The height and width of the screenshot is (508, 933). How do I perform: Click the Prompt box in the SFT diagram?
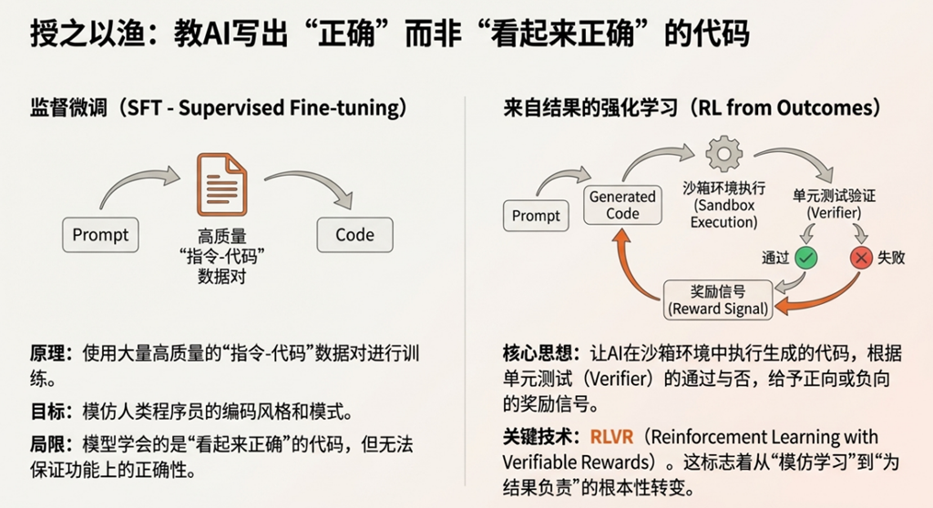(x=100, y=235)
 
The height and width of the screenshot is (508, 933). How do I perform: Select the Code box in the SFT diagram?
(x=354, y=235)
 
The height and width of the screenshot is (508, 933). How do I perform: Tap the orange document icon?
(x=221, y=184)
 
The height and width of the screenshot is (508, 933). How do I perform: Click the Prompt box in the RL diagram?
(x=536, y=216)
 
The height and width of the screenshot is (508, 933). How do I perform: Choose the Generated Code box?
(x=622, y=205)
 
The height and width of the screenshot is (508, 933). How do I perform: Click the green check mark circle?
(x=805, y=258)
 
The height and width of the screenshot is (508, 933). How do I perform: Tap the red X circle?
(x=860, y=258)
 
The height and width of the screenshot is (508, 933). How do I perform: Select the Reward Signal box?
(x=719, y=300)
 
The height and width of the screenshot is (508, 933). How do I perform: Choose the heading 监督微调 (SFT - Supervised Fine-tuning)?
(x=218, y=108)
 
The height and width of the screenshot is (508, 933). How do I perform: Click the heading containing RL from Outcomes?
(x=692, y=108)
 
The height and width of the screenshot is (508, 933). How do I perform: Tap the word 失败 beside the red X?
(x=892, y=258)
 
